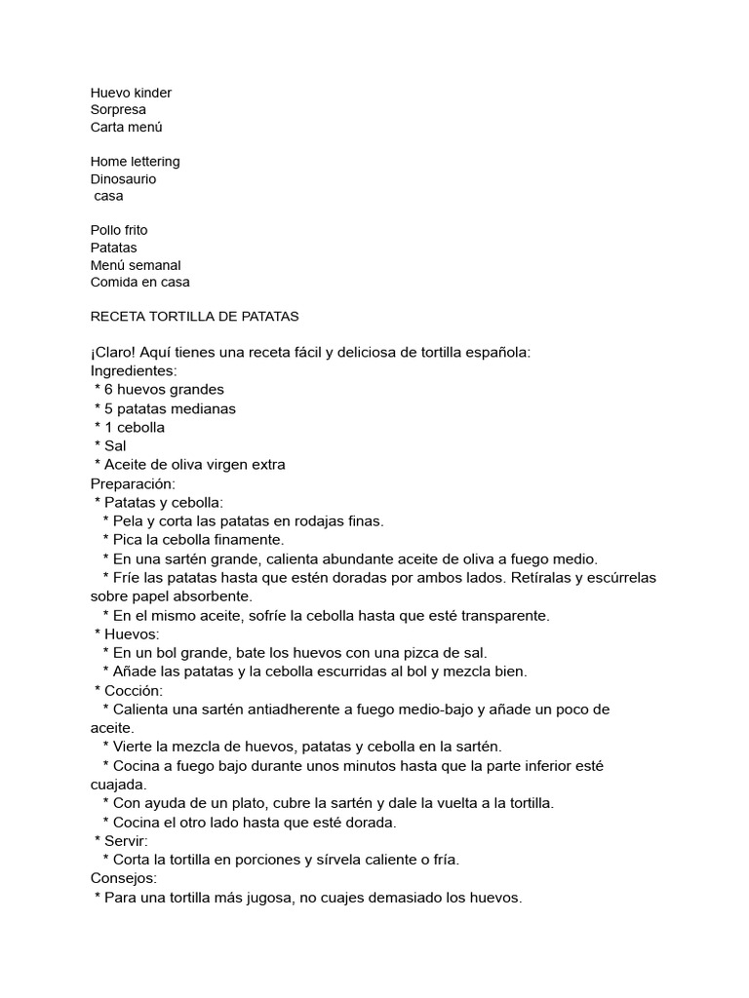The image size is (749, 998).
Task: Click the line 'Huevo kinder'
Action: (x=131, y=93)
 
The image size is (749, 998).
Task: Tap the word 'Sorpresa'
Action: (x=118, y=110)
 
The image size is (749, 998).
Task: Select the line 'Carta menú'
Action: (x=127, y=128)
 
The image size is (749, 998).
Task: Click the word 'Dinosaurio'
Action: (x=123, y=179)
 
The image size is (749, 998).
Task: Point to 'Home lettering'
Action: (x=135, y=162)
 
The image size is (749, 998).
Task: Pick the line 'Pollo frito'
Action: (x=119, y=231)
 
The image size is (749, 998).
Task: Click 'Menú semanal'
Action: (x=136, y=265)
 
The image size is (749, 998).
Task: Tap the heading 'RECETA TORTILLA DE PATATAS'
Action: (x=194, y=317)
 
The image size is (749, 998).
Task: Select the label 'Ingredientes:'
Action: (x=133, y=371)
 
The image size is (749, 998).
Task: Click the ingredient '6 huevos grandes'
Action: (x=164, y=390)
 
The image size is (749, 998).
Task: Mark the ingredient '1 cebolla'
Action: (x=135, y=428)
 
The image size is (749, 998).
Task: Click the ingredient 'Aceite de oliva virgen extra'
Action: (x=195, y=465)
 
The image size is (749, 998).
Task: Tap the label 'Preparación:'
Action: (x=133, y=483)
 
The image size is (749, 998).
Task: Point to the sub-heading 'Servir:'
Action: (x=128, y=841)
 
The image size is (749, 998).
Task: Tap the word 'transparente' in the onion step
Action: (x=503, y=616)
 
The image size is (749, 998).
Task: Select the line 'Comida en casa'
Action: (x=140, y=283)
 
